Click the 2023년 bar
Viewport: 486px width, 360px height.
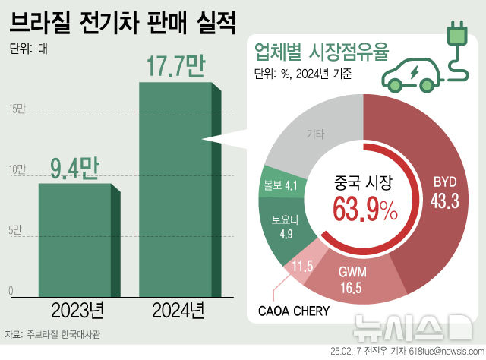(76, 239)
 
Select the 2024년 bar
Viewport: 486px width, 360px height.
(176, 190)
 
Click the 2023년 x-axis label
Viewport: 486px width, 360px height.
(76, 310)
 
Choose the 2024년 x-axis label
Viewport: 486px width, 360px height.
(178, 310)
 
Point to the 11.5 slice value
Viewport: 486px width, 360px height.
(302, 266)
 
